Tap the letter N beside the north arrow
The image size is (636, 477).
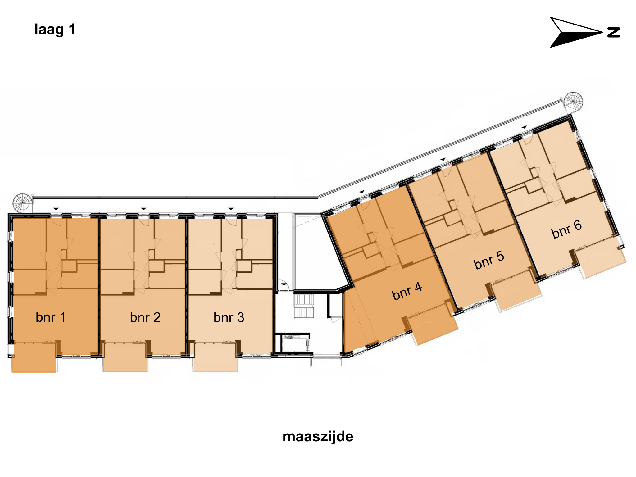tap(614, 32)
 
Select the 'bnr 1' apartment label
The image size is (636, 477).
tap(51, 317)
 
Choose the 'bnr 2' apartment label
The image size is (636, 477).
tap(145, 317)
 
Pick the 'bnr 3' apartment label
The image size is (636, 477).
tap(229, 317)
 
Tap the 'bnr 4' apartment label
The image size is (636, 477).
tap(407, 291)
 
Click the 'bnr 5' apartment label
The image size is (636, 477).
tap(489, 260)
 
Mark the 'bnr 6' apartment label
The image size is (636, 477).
tap(566, 229)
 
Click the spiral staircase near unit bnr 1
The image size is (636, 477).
tap(22, 203)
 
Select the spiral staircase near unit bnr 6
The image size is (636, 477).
tap(573, 101)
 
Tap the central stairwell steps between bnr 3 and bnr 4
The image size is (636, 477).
tap(304, 306)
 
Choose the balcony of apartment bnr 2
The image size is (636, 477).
tap(125, 357)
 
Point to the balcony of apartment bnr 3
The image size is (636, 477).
tap(216, 357)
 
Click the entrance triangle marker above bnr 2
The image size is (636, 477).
tap(143, 209)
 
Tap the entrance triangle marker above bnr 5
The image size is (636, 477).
tap(443, 159)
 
